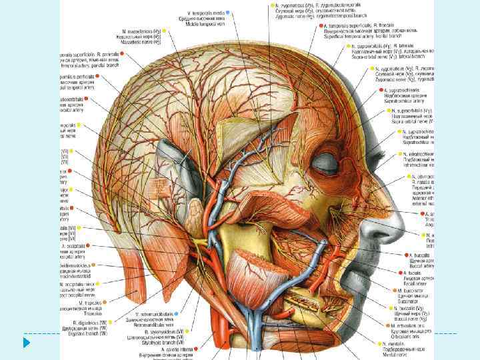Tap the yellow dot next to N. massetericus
165,31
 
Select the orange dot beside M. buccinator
393,290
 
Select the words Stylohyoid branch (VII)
161,343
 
